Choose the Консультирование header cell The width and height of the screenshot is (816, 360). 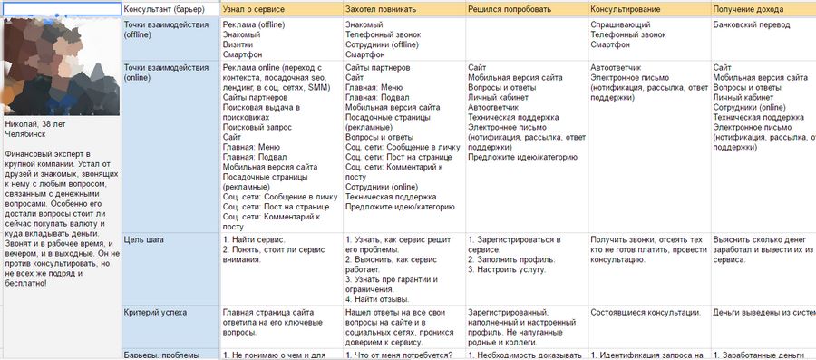click(624, 8)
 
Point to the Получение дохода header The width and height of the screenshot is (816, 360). click(751, 8)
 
